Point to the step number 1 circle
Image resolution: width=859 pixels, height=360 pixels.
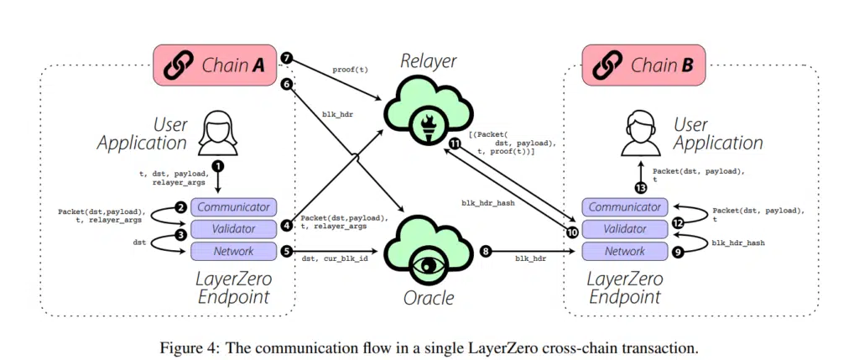pyautogui.click(x=220, y=166)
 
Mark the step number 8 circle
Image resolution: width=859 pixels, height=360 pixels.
pyautogui.click(x=486, y=250)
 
